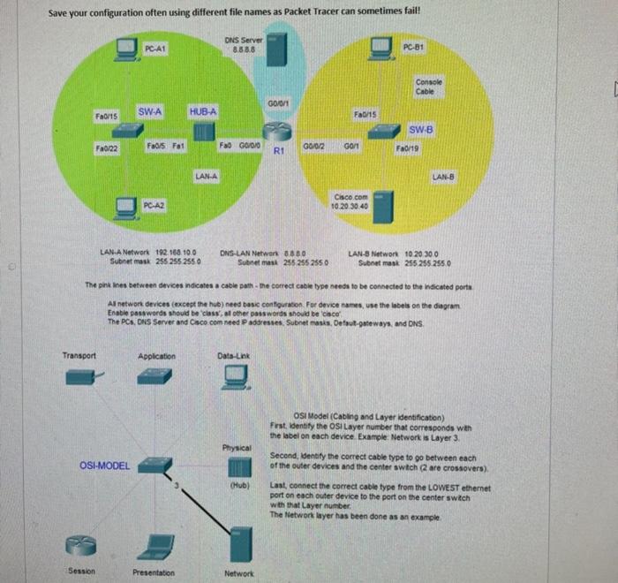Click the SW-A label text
(149, 111)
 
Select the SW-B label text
(421, 129)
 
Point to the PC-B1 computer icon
(381, 48)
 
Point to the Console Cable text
(427, 87)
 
